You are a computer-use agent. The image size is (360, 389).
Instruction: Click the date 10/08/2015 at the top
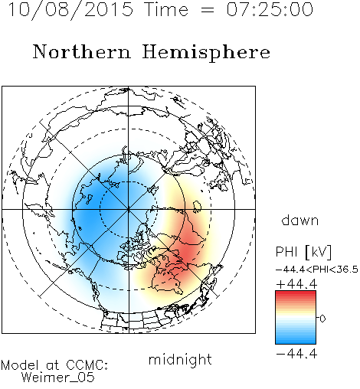click(70, 10)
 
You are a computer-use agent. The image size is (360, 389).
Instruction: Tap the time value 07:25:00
click(270, 9)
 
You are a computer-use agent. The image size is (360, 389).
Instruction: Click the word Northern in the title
click(82, 51)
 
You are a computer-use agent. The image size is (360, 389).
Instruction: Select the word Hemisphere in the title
click(206, 53)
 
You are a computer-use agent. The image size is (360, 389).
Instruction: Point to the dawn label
click(300, 220)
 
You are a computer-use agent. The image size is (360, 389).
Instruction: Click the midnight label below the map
click(180, 359)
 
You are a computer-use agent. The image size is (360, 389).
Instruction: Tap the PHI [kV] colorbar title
click(303, 252)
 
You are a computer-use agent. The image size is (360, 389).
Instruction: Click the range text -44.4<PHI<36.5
click(316, 270)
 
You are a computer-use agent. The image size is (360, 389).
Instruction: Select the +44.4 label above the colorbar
click(296, 284)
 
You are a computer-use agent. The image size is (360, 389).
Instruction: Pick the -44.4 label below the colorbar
click(296, 354)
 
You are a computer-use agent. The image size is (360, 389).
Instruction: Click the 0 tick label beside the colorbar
click(322, 319)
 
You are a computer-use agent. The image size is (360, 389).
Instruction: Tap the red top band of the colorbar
click(296, 294)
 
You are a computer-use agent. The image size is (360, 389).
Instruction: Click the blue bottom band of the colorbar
click(296, 340)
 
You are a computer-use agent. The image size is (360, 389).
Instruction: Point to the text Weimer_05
click(58, 378)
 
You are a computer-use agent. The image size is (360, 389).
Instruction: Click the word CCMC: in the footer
click(87, 365)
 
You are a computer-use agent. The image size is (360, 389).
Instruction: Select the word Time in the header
click(166, 10)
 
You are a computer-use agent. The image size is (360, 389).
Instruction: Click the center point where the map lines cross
click(129, 209)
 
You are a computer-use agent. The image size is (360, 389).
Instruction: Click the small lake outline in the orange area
click(197, 206)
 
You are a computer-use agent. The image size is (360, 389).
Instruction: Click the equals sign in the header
click(208, 11)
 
